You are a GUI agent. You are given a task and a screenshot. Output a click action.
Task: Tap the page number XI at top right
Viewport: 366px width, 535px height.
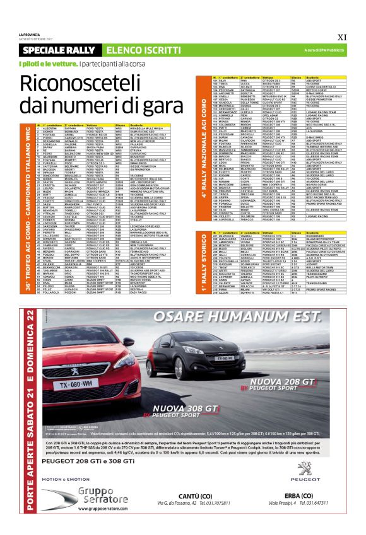pyautogui.click(x=341, y=36)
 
